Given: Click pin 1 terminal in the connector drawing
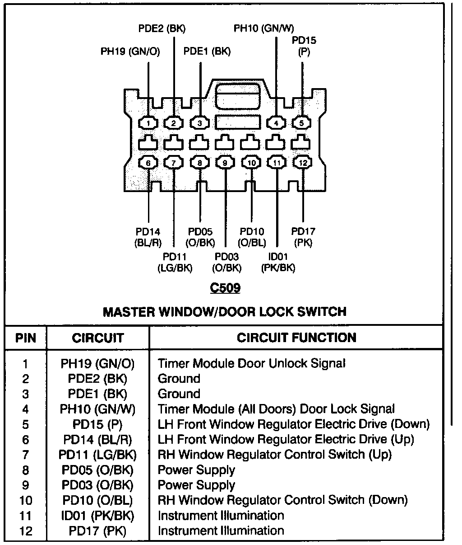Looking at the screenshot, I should pos(148,122).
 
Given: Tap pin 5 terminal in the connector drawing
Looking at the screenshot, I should pos(302,122).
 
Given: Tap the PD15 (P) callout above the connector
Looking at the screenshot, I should pos(304,46).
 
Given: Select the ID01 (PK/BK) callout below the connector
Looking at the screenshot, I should pos(278,262).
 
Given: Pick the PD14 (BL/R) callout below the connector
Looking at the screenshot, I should pos(148,237).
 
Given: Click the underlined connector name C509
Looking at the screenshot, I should pos(226,287).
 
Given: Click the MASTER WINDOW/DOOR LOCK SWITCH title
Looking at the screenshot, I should pos(225,311).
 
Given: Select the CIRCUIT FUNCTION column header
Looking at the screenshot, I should pos(296,338).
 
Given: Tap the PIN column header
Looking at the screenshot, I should pos(26,338).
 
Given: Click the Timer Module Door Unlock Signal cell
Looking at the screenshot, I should pos(251,363).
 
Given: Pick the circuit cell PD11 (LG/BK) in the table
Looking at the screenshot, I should pos(97,454).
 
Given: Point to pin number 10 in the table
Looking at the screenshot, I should pos(26,500).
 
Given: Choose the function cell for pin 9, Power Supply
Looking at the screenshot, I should pos(196,485).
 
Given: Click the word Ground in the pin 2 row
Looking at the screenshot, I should pos(179,379).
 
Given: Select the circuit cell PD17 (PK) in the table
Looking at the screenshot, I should pos(97,531).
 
